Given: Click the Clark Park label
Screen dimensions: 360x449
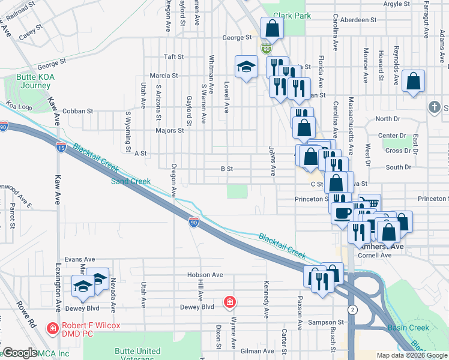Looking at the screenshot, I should pyautogui.click(x=292, y=16).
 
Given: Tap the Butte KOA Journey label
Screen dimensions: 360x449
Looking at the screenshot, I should pyautogui.click(x=28, y=81).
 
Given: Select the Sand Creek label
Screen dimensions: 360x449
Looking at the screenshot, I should pyautogui.click(x=127, y=180).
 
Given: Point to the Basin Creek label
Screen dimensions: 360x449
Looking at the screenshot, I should pyautogui.click(x=408, y=328).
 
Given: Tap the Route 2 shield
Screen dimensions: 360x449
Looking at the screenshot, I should pyautogui.click(x=352, y=309).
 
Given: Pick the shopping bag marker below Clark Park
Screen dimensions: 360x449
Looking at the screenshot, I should pyautogui.click(x=272, y=28).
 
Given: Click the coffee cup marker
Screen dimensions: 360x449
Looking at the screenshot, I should pyautogui.click(x=342, y=213).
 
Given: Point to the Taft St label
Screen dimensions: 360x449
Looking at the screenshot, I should pyautogui.click(x=173, y=57).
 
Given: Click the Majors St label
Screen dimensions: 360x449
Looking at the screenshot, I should pyautogui.click(x=169, y=130).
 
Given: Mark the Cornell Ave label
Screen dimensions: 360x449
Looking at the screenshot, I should pyautogui.click(x=375, y=255).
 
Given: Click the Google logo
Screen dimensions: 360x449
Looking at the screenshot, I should pyautogui.click(x=20, y=353).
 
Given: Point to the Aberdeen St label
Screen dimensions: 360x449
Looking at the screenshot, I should pyautogui.click(x=358, y=20).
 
